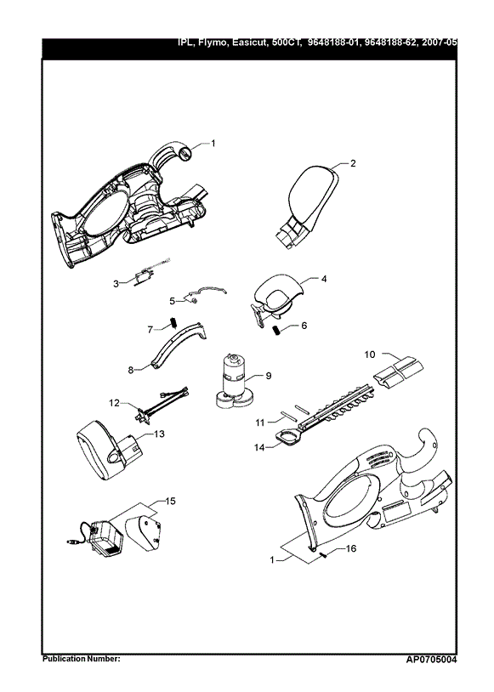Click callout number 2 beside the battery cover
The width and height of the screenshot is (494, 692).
(353, 163)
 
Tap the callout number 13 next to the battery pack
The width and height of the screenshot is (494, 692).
(159, 434)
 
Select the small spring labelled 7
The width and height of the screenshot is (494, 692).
(174, 323)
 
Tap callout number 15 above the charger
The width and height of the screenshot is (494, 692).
(170, 501)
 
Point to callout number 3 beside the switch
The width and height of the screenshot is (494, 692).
(116, 284)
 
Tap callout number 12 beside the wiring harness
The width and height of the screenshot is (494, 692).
(114, 402)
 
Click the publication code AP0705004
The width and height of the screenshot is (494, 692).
(431, 661)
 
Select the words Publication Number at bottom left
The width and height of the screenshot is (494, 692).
(81, 659)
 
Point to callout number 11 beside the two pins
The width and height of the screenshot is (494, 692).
(260, 423)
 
